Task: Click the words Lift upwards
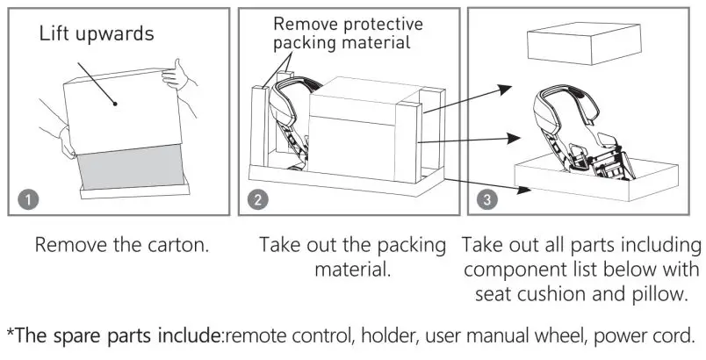click(97, 35)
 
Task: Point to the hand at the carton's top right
click(180, 74)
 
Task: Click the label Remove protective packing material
click(347, 33)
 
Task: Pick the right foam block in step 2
click(410, 140)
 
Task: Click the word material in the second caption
click(352, 269)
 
